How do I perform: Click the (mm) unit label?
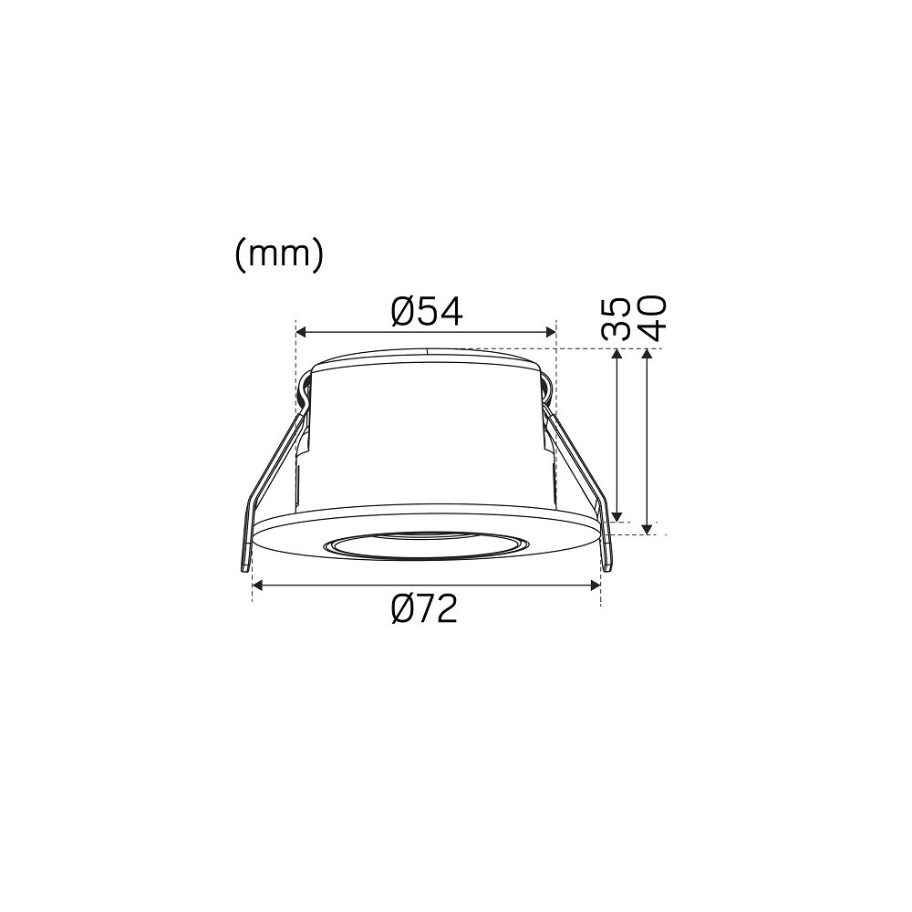[278, 254]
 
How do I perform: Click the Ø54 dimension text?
[428, 311]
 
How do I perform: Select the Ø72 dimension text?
[425, 609]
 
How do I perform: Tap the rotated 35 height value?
[616, 319]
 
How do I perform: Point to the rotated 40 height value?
[651, 318]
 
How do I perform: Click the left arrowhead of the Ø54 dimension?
[302, 332]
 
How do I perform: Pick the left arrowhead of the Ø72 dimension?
[258, 586]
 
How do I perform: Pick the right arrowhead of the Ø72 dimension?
[595, 586]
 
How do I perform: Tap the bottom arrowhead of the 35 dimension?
[617, 516]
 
